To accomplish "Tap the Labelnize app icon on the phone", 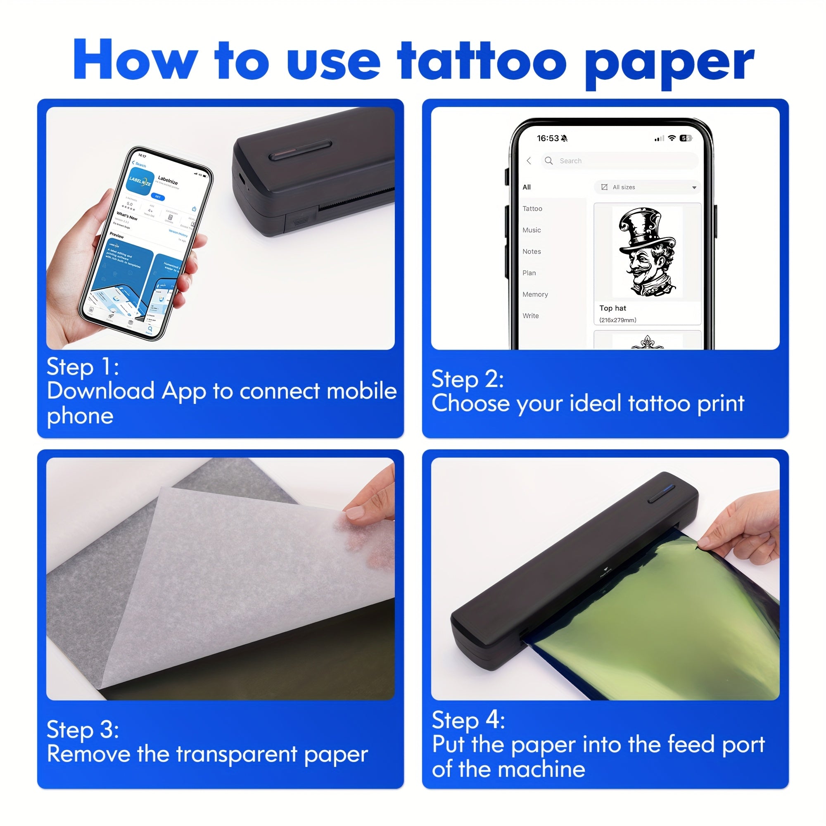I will pyautogui.click(x=142, y=182).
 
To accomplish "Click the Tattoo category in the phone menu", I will pyautogui.click(x=532, y=209).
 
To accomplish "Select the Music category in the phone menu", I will pyautogui.click(x=532, y=230).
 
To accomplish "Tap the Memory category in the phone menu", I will pyautogui.click(x=535, y=294).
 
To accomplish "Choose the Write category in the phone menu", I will pyautogui.click(x=530, y=316).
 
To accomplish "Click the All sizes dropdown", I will pyautogui.click(x=647, y=187).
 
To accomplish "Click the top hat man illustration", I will pyautogui.click(x=647, y=252).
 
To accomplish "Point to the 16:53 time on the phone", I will pyautogui.click(x=548, y=138).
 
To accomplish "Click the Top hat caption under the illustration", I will pyautogui.click(x=612, y=308).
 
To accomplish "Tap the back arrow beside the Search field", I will pyautogui.click(x=529, y=161).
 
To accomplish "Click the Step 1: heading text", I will pyautogui.click(x=83, y=366).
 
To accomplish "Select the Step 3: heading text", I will pyautogui.click(x=83, y=729).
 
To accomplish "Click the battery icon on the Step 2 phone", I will pyautogui.click(x=685, y=138).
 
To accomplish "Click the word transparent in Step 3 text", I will pyautogui.click(x=236, y=754).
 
